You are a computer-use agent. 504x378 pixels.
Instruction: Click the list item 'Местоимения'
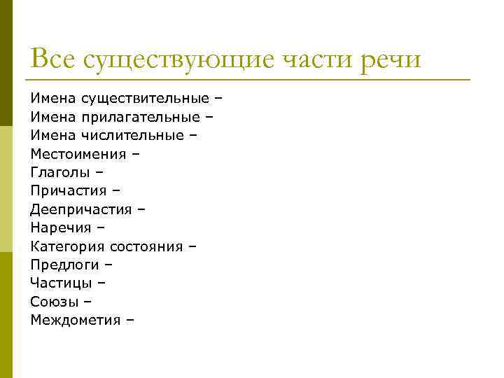(78, 154)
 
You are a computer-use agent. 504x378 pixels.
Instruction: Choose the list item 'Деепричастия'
(81, 209)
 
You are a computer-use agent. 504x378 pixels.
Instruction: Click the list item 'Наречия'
(61, 227)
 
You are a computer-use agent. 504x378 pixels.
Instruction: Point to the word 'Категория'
(66, 246)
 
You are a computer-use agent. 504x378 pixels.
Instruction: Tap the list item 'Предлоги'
(64, 265)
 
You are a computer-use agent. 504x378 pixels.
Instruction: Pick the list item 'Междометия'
(76, 320)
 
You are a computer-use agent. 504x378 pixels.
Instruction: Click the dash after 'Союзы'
(87, 302)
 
